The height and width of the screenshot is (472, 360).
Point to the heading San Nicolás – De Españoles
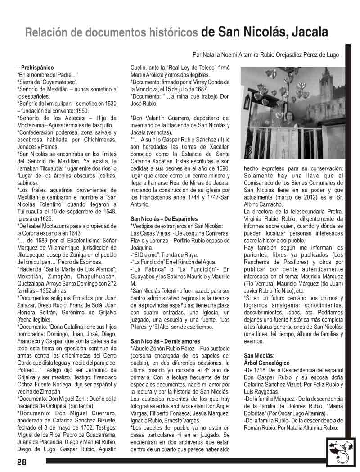coord(161,219)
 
